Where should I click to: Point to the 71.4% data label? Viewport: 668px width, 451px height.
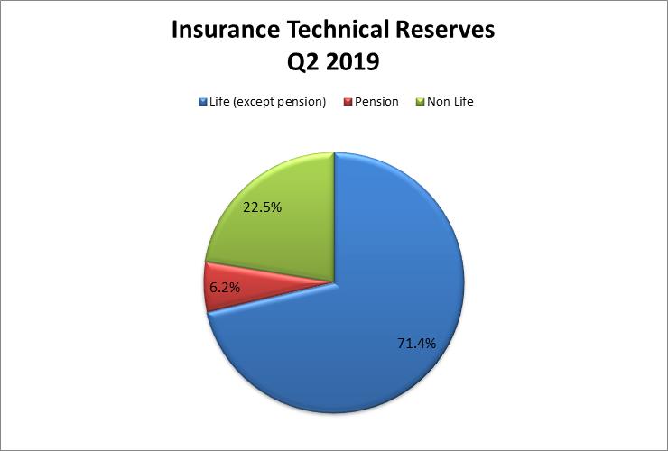click(417, 344)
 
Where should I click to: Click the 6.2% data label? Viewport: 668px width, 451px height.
click(225, 288)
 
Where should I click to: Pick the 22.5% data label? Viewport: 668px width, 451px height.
click(262, 207)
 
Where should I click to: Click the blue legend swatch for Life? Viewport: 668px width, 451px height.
click(203, 102)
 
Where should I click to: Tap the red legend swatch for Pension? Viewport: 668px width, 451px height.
click(348, 102)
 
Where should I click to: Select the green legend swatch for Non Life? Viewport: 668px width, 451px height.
click(421, 102)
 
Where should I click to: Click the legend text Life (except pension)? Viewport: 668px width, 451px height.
click(267, 102)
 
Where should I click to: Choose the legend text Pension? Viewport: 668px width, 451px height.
click(376, 102)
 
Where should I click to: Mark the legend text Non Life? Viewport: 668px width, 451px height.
click(450, 102)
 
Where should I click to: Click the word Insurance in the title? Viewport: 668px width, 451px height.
click(226, 30)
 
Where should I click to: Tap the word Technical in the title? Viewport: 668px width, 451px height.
click(338, 30)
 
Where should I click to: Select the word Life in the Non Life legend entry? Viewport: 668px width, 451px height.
click(464, 102)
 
